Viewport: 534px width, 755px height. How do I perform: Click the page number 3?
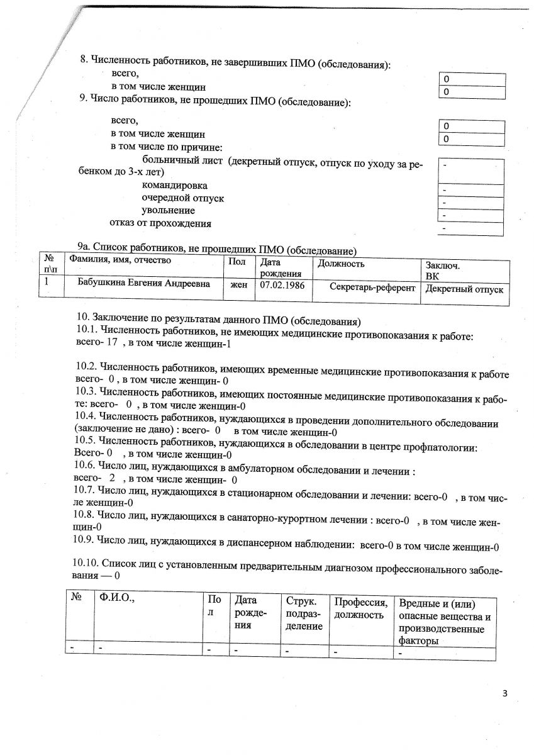click(x=505, y=694)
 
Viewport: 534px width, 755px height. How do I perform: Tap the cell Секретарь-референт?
click(x=372, y=288)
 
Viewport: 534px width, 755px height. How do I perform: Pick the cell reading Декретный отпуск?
click(x=464, y=289)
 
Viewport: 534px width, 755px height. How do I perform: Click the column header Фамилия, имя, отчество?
click(x=120, y=260)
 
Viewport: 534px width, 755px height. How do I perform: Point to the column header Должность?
click(x=341, y=264)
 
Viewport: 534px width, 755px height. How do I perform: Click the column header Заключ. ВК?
click(x=443, y=271)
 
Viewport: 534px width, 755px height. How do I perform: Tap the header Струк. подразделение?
click(x=304, y=613)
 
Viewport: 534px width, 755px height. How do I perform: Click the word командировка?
click(x=174, y=186)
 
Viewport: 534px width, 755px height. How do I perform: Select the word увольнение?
click(x=168, y=210)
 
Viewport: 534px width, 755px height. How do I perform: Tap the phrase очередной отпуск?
click(x=182, y=198)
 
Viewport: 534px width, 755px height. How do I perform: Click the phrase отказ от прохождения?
click(x=160, y=223)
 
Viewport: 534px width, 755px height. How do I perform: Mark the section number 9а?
click(x=83, y=247)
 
